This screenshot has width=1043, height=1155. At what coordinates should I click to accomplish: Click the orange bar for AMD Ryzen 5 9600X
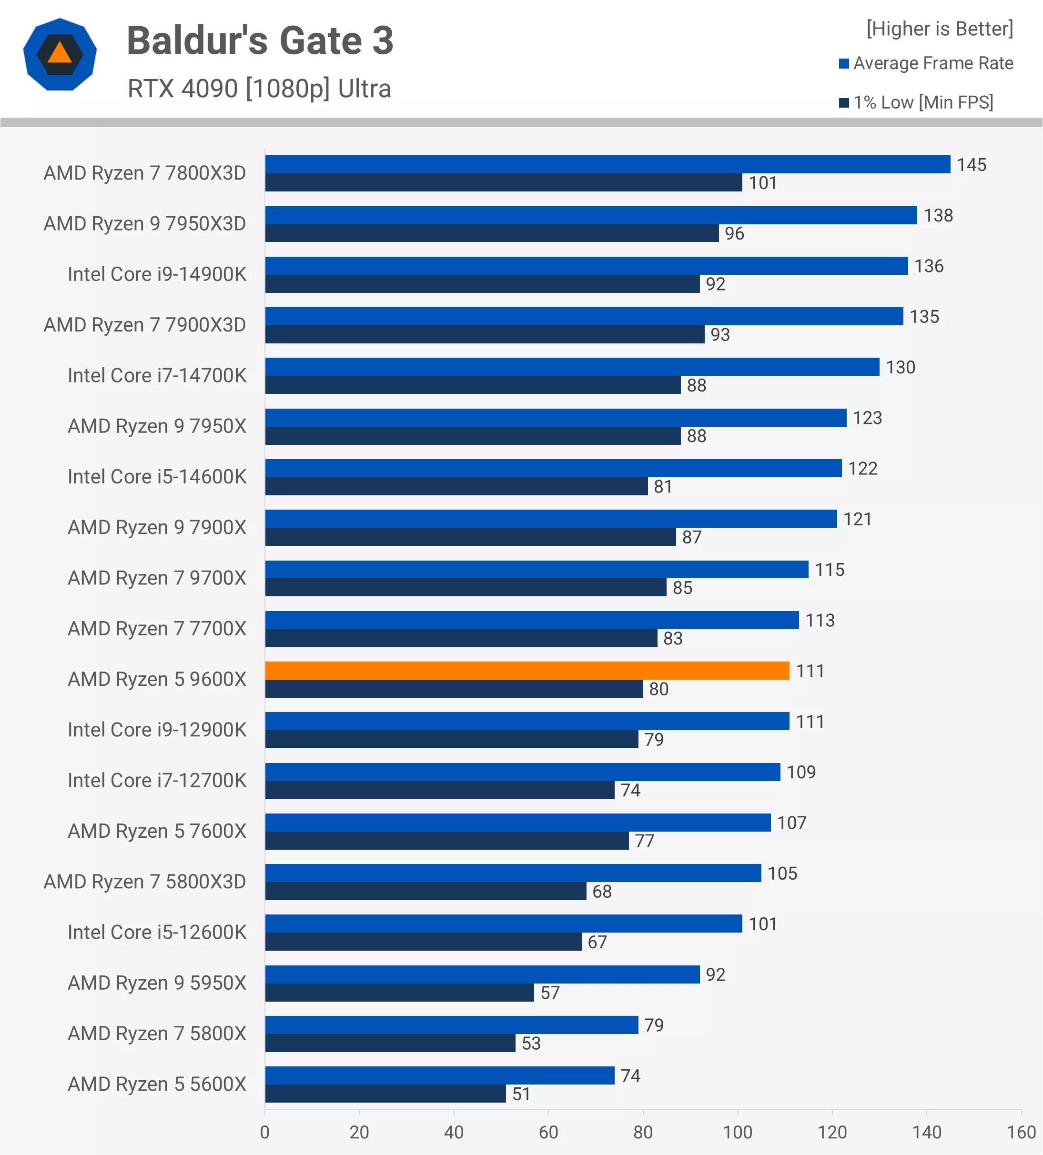coord(527,670)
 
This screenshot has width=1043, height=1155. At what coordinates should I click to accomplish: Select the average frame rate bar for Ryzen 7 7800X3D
coord(608,164)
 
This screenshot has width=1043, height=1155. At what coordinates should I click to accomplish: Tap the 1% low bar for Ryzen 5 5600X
coord(385,1094)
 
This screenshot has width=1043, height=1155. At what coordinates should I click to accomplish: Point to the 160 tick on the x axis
coord(1021,1132)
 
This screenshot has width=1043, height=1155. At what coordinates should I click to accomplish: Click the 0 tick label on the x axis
coord(265,1132)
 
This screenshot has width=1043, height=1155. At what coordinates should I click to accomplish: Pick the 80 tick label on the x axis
coord(643,1132)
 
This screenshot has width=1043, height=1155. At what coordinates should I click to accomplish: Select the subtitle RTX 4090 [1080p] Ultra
coord(259,89)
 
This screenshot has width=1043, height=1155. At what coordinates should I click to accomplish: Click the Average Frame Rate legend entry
coord(926,63)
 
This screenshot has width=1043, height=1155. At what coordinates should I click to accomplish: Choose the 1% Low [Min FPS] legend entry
coord(916,102)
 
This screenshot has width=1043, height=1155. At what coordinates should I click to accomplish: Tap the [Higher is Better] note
coord(940,29)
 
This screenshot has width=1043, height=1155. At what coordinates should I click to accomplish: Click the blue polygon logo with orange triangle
coord(60,54)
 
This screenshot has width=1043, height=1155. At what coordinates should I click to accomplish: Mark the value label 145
coord(972,165)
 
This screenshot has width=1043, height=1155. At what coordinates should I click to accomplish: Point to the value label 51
coord(521,1094)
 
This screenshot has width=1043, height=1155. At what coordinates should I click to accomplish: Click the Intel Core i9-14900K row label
coord(157,274)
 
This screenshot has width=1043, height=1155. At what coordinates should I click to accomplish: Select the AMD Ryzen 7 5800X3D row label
coord(145,882)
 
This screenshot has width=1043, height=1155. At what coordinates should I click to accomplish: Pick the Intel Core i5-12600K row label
coord(157,932)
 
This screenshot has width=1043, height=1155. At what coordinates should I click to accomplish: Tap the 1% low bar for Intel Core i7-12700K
coord(440,790)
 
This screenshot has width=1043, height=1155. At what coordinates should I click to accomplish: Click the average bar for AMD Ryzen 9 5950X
coord(483,974)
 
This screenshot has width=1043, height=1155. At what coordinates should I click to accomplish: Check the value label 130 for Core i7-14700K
coord(901,367)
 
